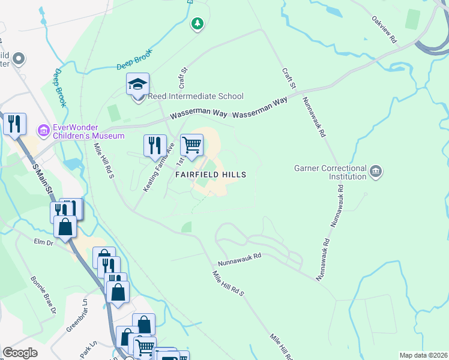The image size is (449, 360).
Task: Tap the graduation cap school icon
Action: point(137,85)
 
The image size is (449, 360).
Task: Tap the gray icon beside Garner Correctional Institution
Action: point(376,172)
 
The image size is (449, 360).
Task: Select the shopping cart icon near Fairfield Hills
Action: point(191,145)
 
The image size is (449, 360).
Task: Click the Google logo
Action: point(20,353)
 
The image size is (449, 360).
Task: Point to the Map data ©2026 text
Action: point(423,355)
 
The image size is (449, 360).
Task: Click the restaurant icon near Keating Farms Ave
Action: point(155,145)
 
